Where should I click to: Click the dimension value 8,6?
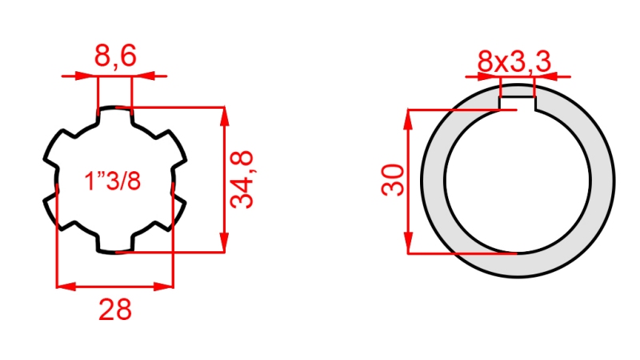(115, 56)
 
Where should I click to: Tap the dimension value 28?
(115, 309)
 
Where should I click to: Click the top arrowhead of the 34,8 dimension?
(225, 114)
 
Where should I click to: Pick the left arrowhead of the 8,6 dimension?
(89, 77)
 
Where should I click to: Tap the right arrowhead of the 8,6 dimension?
(141, 77)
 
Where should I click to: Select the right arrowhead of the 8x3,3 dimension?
(544, 78)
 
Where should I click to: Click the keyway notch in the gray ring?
(517, 102)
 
